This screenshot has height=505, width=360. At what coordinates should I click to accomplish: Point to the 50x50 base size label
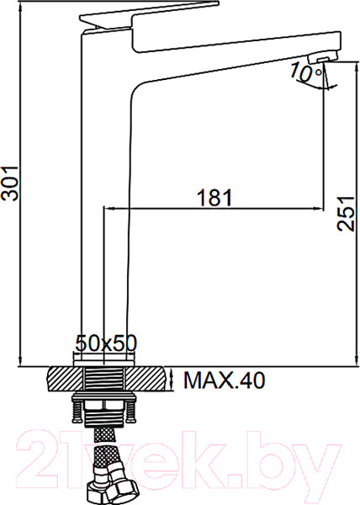[x=106, y=343]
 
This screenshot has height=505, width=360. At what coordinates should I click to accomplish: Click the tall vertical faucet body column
[x=104, y=210]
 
